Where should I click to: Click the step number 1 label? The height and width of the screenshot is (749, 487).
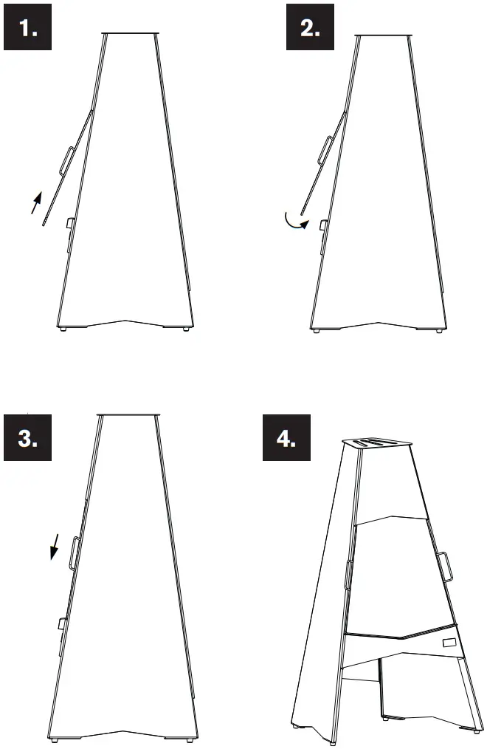[x=27, y=27]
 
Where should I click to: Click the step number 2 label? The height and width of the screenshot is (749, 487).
[x=310, y=27]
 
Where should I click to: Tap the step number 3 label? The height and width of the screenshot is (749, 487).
[x=27, y=437]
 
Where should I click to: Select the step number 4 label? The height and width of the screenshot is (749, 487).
[x=287, y=437]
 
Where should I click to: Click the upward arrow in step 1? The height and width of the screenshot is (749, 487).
[x=36, y=202]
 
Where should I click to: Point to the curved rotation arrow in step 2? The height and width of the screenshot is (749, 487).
[x=294, y=223]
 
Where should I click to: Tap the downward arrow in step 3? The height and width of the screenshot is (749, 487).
[x=55, y=547]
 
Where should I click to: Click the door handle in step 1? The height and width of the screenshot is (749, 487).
[x=66, y=160]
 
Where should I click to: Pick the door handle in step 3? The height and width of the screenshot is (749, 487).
[x=75, y=553]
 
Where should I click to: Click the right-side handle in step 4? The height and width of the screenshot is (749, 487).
[x=444, y=567]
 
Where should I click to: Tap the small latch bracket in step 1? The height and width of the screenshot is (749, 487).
[x=69, y=223]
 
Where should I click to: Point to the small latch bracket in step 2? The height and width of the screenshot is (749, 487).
[x=323, y=225]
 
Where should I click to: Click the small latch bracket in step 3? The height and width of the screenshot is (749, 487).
[x=62, y=623]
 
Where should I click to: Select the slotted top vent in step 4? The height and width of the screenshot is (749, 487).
[x=377, y=443]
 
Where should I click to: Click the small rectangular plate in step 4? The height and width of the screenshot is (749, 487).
[x=449, y=643]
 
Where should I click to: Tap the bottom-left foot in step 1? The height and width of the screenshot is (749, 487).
[x=63, y=329]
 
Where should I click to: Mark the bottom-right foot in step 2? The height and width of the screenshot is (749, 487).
[x=439, y=330]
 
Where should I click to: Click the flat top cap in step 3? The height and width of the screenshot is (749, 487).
[x=128, y=414]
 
